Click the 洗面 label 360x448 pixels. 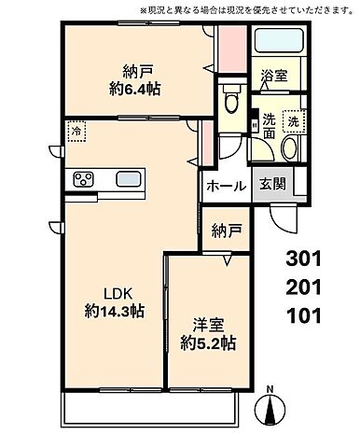pyautogui.click(x=269, y=128)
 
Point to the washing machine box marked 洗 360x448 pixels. pyautogui.click(x=292, y=120)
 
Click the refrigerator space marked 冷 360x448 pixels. pyautogui.click(x=76, y=133)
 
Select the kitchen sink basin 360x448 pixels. pyautogui.click(x=125, y=179)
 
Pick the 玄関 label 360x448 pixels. pyautogui.click(x=273, y=185)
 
